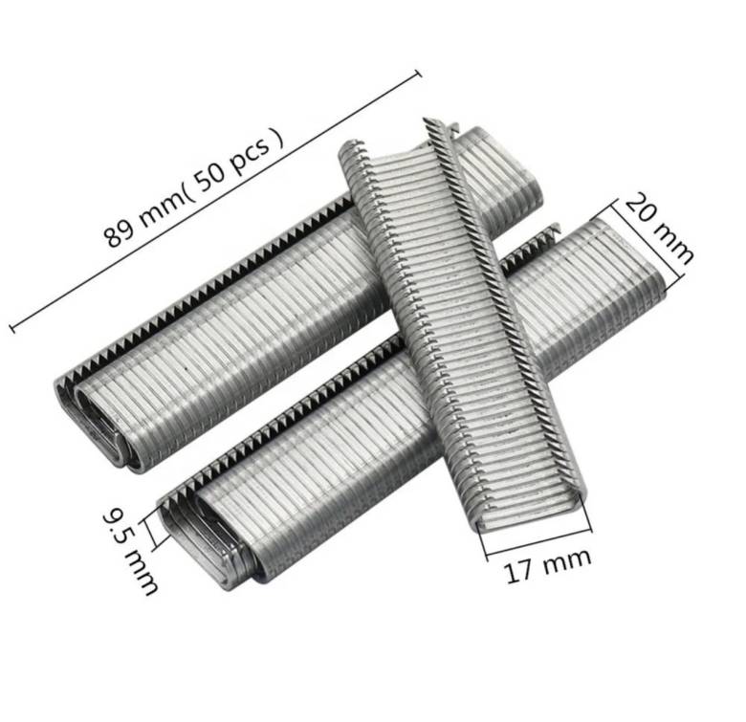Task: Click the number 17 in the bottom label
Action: [x=517, y=571]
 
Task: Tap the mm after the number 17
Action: [x=566, y=560]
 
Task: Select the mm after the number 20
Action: [x=673, y=244]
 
